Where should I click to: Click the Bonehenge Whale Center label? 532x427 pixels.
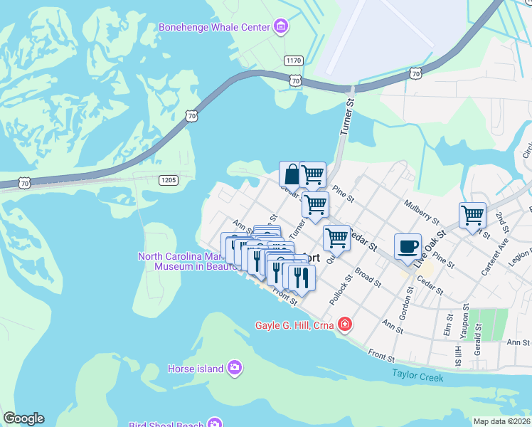coord(214,27)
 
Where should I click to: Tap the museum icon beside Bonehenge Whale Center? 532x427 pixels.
coord(281,27)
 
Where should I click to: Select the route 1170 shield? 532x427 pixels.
coord(293,60)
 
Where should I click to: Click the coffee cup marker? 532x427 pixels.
coord(408,247)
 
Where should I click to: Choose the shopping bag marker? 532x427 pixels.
coord(292,174)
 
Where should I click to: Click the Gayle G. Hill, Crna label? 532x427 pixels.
coord(295,326)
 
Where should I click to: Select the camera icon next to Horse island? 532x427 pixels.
coord(235,368)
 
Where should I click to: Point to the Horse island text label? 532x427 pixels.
coord(195,369)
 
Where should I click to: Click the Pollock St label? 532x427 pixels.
coord(336,291)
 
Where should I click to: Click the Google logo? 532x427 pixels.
coord(23,418)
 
